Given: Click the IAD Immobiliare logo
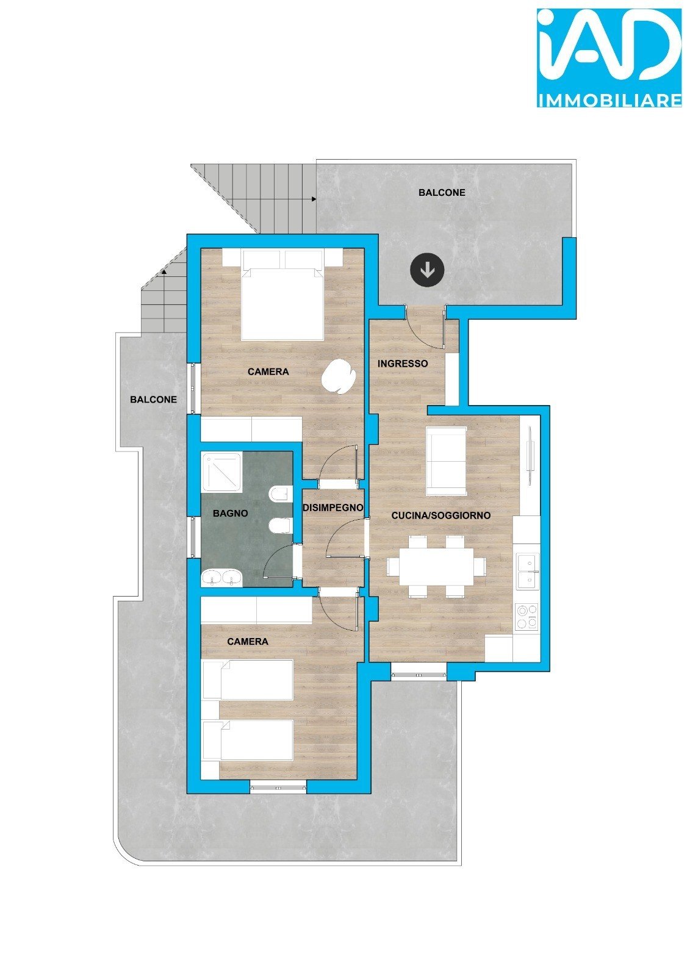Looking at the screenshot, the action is coord(609,58).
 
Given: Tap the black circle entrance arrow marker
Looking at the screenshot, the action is coord(427,270).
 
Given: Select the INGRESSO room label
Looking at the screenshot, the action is coord(402,364).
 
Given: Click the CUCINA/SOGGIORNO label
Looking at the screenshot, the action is coord(440,515).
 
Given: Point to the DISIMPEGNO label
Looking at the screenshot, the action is coord(333,508).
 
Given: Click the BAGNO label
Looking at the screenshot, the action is coord(230,513).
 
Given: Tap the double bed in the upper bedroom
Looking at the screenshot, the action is coord(282,295).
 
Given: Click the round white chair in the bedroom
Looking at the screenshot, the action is coord(339,376).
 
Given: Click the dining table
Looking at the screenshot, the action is coord(437,567).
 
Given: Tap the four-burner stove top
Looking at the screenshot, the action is coord(526,617).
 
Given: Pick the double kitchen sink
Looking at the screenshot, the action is coord(528,571).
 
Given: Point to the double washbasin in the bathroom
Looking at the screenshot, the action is coord(222,578).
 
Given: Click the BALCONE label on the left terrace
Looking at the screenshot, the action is coord(153,400).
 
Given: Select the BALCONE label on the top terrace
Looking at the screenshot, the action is coord(442,193).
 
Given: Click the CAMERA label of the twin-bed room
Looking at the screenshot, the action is coord(248,642).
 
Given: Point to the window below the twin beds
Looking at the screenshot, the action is coord(279,786).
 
